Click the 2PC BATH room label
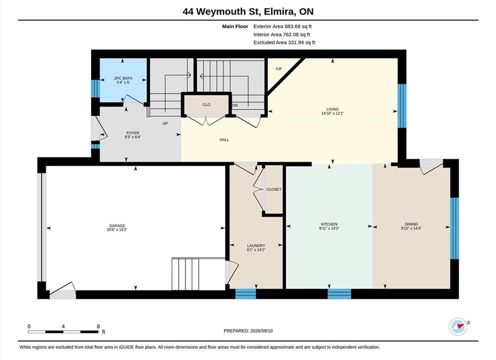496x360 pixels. [x=123, y=78]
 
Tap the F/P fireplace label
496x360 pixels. [x=279, y=69]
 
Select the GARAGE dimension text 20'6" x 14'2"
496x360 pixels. [x=117, y=230]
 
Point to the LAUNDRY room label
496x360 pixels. [x=256, y=245]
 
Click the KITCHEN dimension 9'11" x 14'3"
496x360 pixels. [x=329, y=228]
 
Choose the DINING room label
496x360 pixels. [x=411, y=224]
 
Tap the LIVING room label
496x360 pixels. [x=333, y=109]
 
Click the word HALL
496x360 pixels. [x=224, y=139]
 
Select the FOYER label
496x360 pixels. [x=133, y=133]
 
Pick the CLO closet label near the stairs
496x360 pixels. [x=206, y=105]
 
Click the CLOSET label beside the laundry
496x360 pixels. [x=274, y=189]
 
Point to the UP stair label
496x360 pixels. [x=165, y=123]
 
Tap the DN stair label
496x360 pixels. [x=235, y=105]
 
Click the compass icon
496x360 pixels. [x=458, y=326]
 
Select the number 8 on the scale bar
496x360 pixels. [x=98, y=326]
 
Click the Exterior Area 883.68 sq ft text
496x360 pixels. [x=283, y=26]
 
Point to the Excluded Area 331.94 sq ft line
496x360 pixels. [x=284, y=42]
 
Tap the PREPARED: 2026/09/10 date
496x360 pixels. [x=248, y=331]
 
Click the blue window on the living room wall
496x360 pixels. [x=402, y=106]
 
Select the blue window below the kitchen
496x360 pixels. [x=339, y=294]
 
